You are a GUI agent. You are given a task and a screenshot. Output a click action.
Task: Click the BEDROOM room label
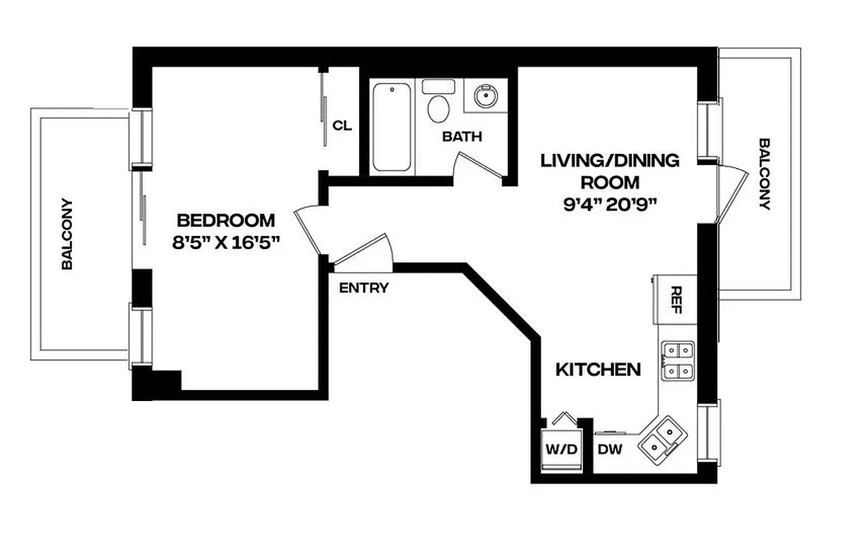point(226,221)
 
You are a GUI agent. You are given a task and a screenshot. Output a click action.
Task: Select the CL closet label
point(342,126)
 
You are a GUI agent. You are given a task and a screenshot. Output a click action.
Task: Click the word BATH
point(462,137)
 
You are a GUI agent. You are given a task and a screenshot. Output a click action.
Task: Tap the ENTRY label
point(364,288)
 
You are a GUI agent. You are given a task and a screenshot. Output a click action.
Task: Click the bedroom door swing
point(308,229)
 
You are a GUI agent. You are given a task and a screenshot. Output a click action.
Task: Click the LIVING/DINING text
point(610,161)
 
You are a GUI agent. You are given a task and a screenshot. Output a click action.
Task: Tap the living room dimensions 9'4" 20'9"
point(610,205)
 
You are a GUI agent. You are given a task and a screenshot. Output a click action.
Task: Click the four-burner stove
point(677,361)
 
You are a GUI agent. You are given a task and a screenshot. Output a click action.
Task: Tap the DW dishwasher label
point(610,450)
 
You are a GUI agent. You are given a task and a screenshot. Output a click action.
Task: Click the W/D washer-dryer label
point(561,450)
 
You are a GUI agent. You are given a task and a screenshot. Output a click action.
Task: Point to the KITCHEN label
point(598,369)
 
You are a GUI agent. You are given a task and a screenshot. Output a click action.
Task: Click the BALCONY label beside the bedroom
point(67,234)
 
